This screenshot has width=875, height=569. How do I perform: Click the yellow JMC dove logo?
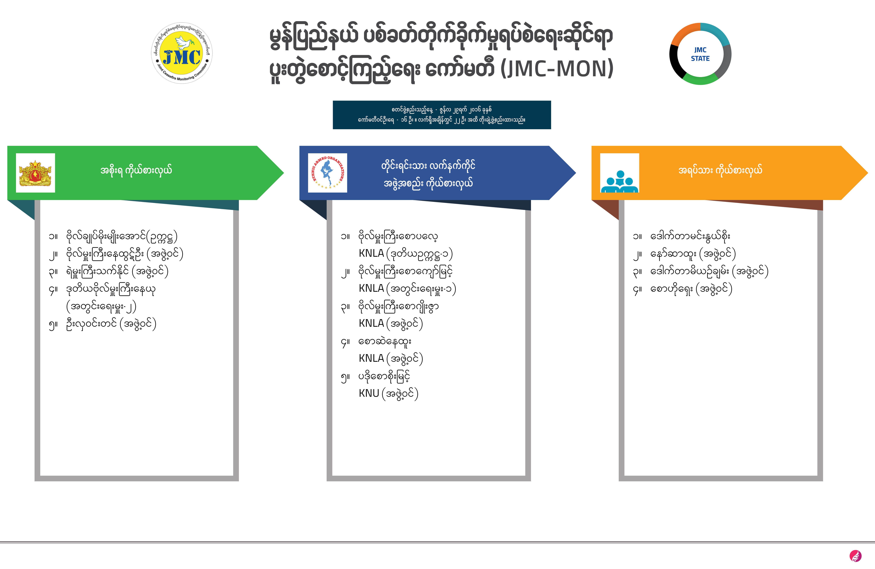(x=182, y=53)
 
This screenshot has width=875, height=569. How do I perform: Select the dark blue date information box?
(x=442, y=115)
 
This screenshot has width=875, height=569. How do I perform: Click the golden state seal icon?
(x=35, y=173)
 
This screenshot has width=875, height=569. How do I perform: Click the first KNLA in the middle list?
(x=371, y=253)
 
